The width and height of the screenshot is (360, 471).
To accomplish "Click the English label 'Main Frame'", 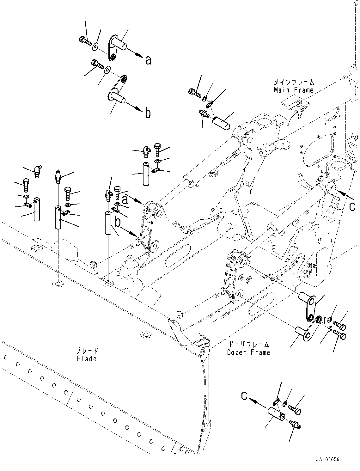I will pyautogui.click(x=294, y=90).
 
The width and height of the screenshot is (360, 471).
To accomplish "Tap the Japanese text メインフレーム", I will pyautogui.click(x=294, y=83).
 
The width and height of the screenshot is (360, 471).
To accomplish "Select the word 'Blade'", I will pyautogui.click(x=86, y=358).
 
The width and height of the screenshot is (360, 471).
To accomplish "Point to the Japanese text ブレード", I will pyautogui.click(x=87, y=351).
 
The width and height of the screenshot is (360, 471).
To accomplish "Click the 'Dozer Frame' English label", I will pyautogui.click(x=248, y=352).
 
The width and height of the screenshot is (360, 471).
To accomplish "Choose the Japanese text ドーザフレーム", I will pyautogui.click(x=249, y=345).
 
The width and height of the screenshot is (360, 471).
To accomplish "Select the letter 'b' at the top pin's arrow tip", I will pyautogui.click(x=148, y=113).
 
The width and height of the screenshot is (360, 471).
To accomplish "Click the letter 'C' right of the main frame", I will pyautogui.click(x=352, y=206).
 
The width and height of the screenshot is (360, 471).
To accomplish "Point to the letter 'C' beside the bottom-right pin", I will pyautogui.click(x=244, y=396).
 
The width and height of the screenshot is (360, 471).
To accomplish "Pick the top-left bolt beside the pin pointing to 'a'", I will pyautogui.click(x=85, y=41).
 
